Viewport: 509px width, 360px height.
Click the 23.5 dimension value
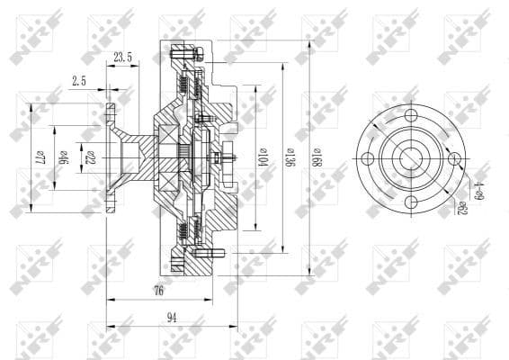124,58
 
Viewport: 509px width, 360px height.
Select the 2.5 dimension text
80,81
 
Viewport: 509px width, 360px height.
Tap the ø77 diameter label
40,157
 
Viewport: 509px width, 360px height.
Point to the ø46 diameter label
63,157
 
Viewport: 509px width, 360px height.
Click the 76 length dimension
159,290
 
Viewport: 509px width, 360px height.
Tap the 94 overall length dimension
171,317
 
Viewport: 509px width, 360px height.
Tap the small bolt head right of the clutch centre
230,158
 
